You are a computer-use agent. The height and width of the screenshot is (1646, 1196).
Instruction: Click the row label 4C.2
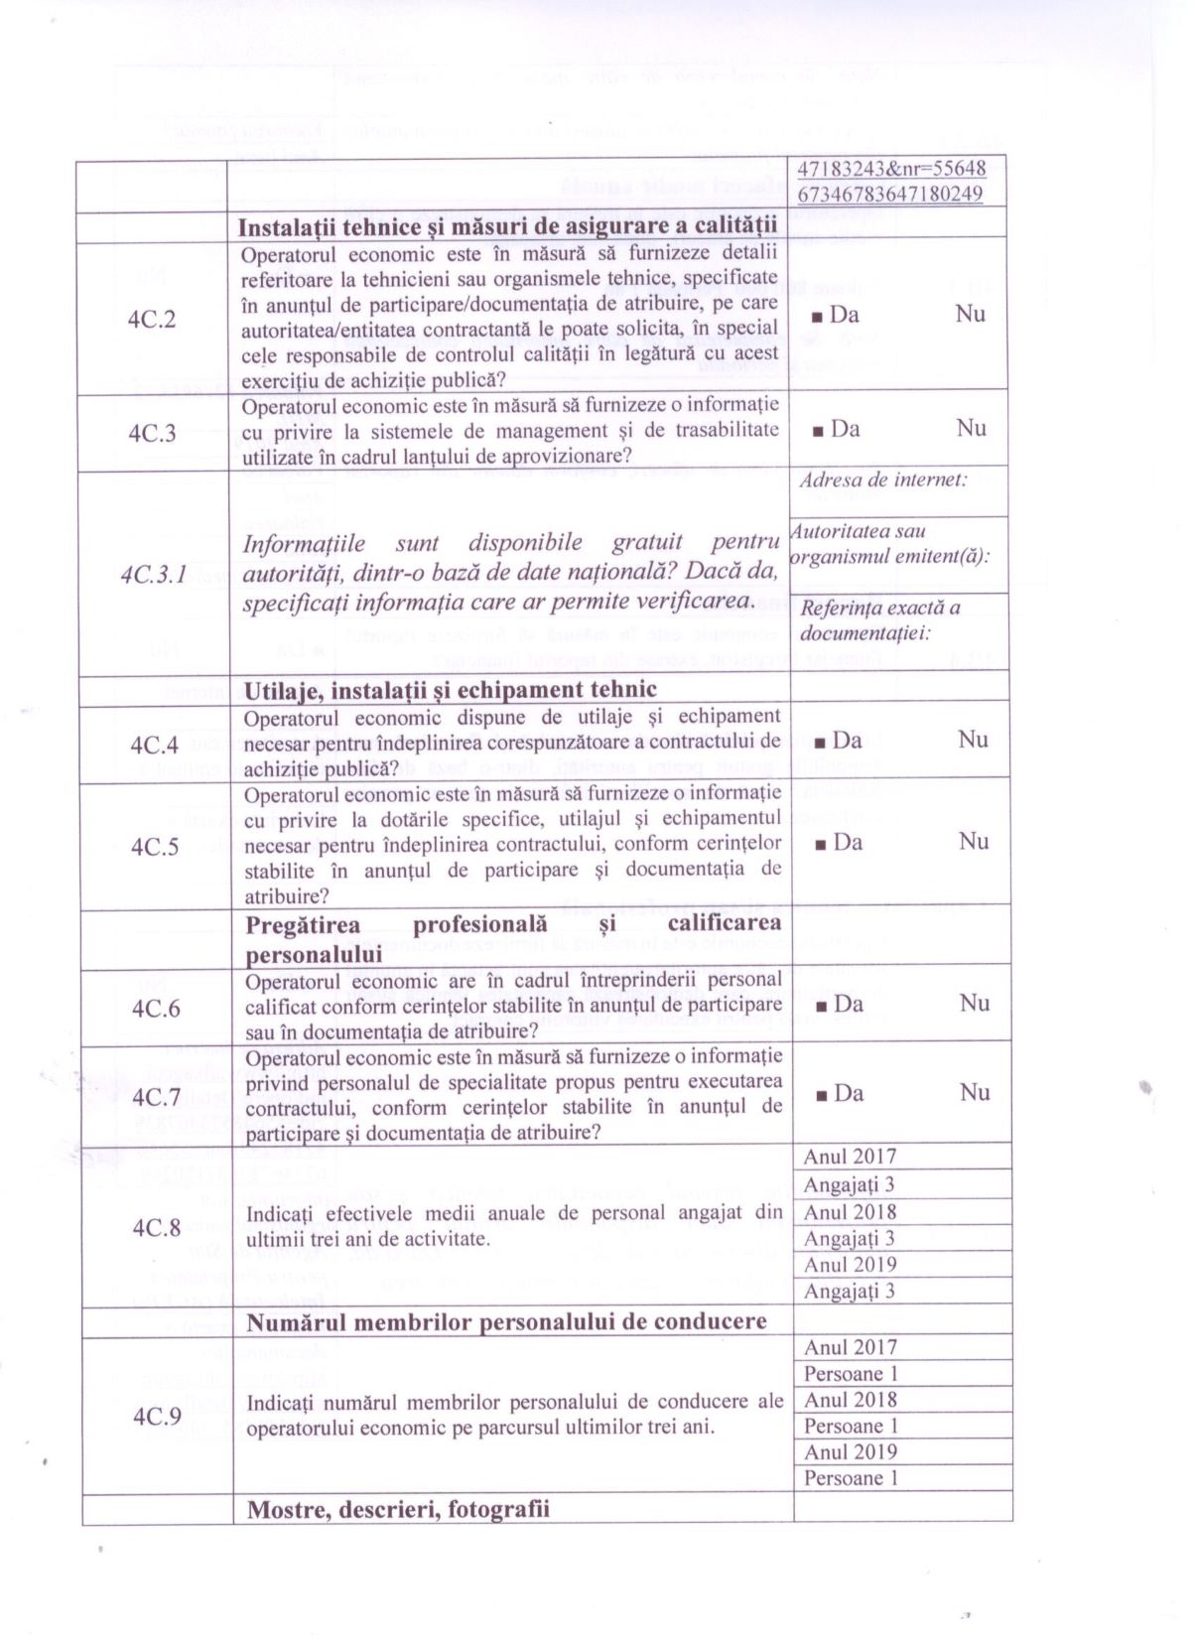tap(152, 320)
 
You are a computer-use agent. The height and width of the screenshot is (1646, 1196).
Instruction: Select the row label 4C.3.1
tap(154, 575)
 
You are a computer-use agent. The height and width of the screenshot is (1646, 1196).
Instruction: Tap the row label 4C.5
tap(154, 847)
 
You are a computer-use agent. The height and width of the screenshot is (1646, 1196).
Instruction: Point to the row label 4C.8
tap(157, 1227)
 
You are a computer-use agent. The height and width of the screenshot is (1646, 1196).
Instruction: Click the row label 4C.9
tap(157, 1416)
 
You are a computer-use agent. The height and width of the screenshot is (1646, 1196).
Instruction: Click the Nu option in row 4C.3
tap(971, 428)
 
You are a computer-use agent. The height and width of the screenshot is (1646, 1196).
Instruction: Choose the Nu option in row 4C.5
tap(973, 841)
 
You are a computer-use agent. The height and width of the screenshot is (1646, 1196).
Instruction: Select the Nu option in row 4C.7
tap(975, 1092)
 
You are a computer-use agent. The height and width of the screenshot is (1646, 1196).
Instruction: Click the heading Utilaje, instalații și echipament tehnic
tap(450, 690)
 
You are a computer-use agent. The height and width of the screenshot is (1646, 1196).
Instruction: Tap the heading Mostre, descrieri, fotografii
tap(397, 1509)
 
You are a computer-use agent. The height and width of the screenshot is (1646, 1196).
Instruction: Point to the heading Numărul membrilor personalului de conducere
tap(506, 1321)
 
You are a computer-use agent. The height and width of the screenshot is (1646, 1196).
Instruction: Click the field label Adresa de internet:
tap(882, 480)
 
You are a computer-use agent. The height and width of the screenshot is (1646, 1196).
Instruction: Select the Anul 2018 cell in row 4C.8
tap(850, 1212)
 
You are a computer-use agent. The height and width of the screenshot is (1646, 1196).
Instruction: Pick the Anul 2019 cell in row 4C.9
tap(851, 1451)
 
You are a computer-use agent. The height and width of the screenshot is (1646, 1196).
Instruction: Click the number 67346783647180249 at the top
tap(890, 194)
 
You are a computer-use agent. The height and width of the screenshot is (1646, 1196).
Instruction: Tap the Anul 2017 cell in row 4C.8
tap(850, 1157)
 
